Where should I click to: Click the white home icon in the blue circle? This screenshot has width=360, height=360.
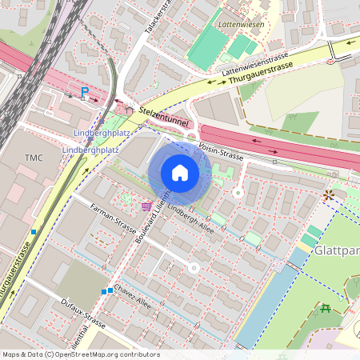180,173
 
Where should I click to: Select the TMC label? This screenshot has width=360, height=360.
34,157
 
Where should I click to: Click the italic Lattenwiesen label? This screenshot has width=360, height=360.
242,24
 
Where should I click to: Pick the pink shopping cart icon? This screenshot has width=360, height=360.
146,206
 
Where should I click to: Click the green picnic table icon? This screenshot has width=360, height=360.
325,308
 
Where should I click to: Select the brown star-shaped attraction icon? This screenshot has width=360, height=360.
327,194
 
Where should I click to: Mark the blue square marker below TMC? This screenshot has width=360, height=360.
33,232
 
